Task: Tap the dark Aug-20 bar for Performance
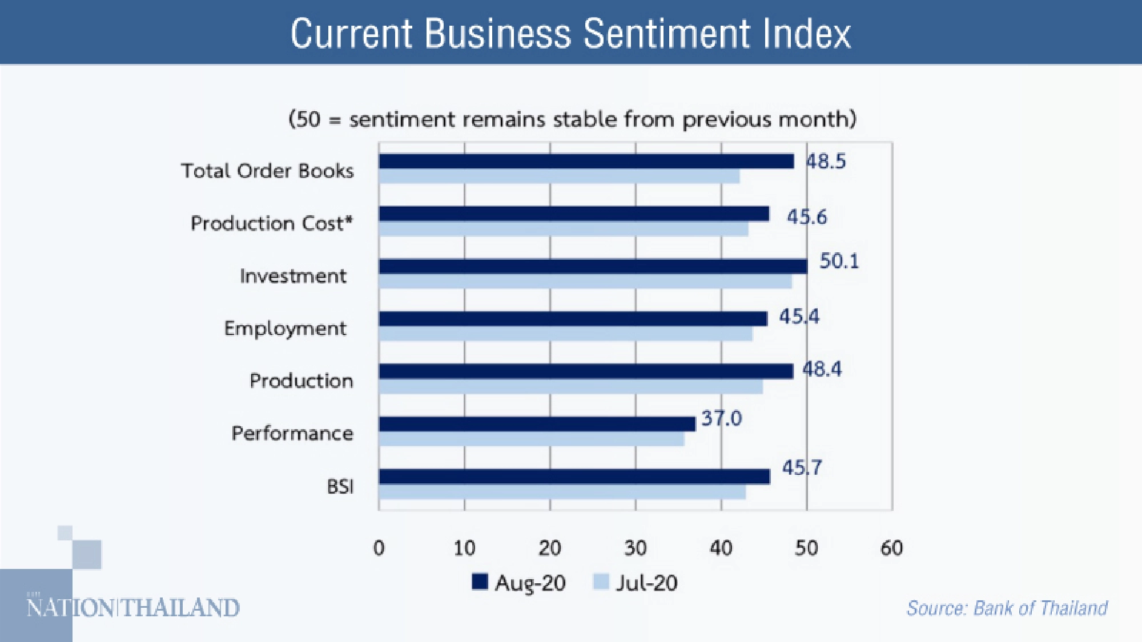[537, 424]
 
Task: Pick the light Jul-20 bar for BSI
[562, 492]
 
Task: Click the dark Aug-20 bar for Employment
[573, 319]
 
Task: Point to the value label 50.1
[839, 261]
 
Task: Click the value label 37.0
[721, 418]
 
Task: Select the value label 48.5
[826, 161]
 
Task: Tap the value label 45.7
[802, 468]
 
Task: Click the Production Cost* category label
[272, 223]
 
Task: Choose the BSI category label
[340, 486]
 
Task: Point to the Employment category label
[285, 329]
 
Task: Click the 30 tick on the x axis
[635, 548]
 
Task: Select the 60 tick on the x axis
[891, 548]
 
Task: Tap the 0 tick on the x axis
[379, 548]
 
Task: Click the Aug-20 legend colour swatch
[480, 582]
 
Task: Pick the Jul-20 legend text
[646, 583]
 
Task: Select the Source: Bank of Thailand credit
[1007, 608]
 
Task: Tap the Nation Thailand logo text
[133, 608]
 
